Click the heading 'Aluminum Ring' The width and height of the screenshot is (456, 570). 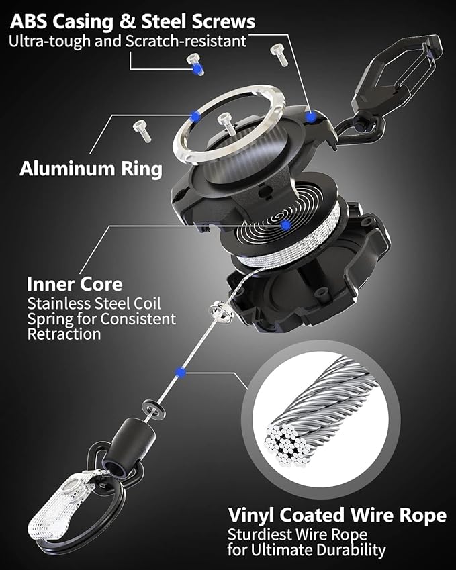pyautogui.click(x=91, y=168)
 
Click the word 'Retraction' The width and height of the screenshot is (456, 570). pyautogui.click(x=64, y=334)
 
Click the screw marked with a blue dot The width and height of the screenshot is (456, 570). pyautogui.click(x=196, y=66)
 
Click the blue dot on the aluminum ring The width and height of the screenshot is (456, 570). pyautogui.click(x=195, y=116)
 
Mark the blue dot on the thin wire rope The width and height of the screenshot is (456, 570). pyautogui.click(x=179, y=371)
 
